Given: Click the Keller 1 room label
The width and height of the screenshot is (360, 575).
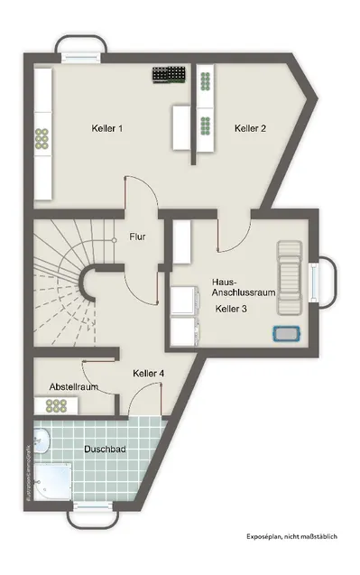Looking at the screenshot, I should pyautogui.click(x=106, y=129).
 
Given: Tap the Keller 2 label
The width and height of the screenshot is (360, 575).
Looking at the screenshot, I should pyautogui.click(x=250, y=129).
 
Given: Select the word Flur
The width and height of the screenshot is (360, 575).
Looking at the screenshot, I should pyautogui.click(x=137, y=237).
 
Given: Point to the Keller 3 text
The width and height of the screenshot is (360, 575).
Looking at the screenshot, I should pyautogui.click(x=231, y=309).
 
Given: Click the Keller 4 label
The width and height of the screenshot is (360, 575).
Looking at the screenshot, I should pyautogui.click(x=148, y=373).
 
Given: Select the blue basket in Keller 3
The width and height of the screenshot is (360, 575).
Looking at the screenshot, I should pyautogui.click(x=286, y=333).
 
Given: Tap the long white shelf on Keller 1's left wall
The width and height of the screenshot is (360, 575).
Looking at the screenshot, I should pyautogui.click(x=41, y=135).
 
